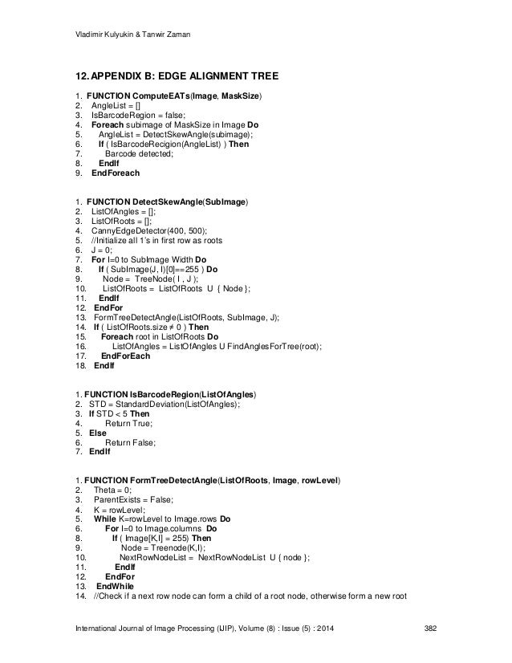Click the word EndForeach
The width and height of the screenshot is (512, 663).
116,173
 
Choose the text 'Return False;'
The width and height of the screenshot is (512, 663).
130,442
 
